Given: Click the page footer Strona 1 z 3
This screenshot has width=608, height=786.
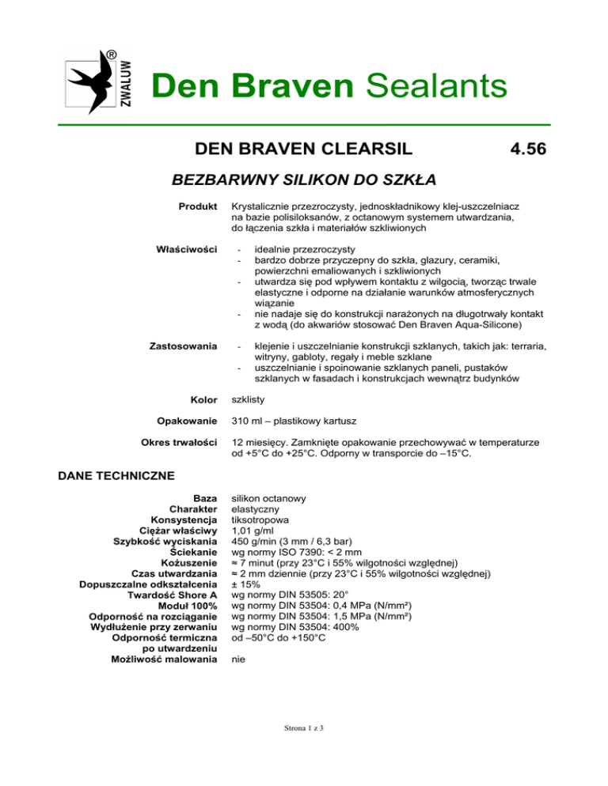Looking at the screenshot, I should pos(304,750).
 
